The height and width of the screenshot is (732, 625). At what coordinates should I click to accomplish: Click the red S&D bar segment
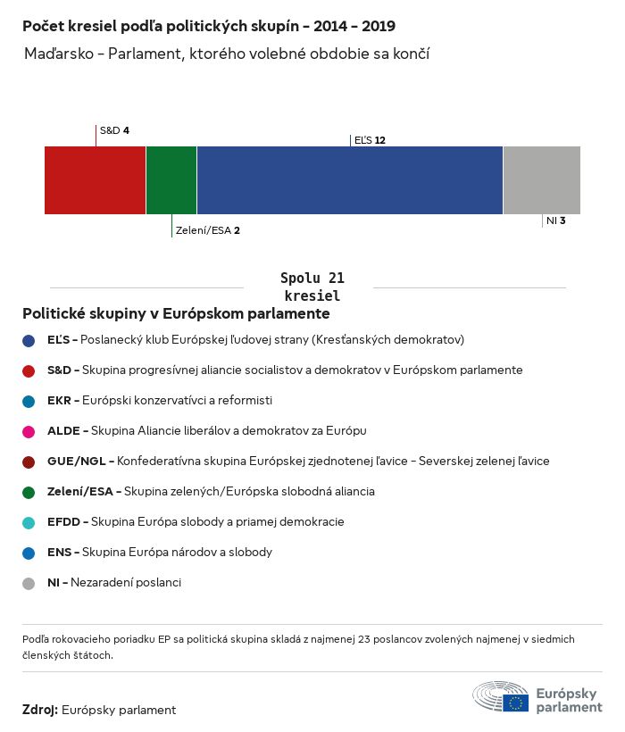click(x=95, y=180)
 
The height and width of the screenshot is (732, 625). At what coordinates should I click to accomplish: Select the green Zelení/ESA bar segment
click(x=171, y=180)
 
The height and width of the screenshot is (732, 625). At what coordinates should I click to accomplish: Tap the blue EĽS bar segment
click(x=350, y=180)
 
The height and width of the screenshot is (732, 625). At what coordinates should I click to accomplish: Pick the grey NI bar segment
click(x=542, y=180)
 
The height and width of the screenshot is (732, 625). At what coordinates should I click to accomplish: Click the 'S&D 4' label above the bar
click(x=114, y=130)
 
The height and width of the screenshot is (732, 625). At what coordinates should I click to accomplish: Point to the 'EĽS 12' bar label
click(x=370, y=140)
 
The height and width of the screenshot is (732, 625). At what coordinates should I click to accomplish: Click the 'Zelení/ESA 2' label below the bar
click(x=207, y=229)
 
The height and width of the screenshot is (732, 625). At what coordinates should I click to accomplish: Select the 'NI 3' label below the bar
click(x=555, y=220)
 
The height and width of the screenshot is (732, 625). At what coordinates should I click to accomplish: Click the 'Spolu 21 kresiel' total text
click(x=312, y=287)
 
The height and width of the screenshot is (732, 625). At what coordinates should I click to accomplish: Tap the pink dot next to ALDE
click(x=29, y=432)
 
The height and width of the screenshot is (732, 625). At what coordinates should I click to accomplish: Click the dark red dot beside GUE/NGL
click(x=29, y=462)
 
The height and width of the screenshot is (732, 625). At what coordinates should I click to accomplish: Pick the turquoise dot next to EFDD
click(x=29, y=523)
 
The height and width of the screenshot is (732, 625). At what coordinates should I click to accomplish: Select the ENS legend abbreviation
click(x=60, y=553)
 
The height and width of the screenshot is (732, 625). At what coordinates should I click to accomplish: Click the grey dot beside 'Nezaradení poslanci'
click(x=29, y=584)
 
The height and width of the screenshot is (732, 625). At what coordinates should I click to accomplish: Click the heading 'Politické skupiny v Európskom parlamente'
click(x=176, y=314)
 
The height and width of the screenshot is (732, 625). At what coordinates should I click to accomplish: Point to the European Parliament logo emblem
click(x=501, y=696)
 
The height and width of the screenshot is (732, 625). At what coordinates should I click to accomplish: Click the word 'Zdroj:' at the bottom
click(x=40, y=710)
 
